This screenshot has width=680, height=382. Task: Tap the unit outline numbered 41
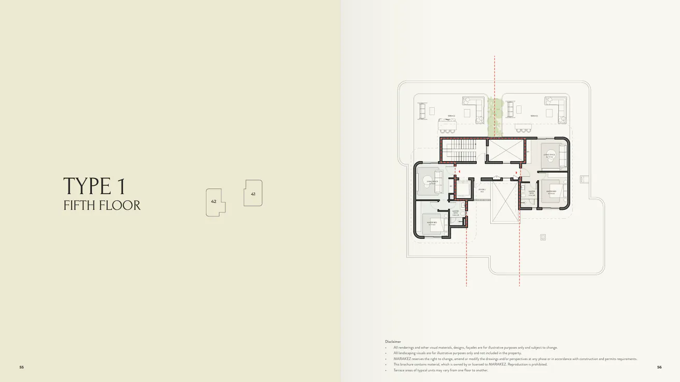[253, 193]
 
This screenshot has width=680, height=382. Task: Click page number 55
[22, 367]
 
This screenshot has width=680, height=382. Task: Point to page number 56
[659, 367]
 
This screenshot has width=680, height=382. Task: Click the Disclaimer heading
[393, 342]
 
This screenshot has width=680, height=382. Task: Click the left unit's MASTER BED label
[431, 223]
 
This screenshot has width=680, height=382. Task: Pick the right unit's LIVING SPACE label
[549, 154]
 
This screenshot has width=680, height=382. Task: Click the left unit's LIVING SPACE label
[432, 181]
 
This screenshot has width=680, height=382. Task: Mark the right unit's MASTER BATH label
[532, 193]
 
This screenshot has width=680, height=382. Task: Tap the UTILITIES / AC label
[482, 191]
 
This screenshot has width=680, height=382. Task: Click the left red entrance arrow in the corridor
[459, 170]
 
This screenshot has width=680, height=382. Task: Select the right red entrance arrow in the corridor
[516, 173]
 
